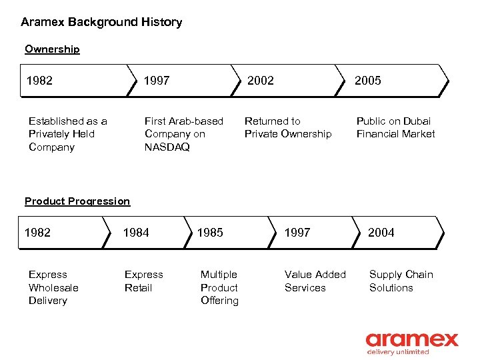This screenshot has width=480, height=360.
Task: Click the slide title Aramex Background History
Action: pyautogui.click(x=101, y=22)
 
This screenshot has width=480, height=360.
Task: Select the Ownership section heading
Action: pyautogui.click(x=52, y=49)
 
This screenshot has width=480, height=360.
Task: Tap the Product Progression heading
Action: pyautogui.click(x=77, y=201)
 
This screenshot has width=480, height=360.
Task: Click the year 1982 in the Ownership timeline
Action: pyautogui.click(x=39, y=81)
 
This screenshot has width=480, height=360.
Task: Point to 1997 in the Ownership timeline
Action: pyautogui.click(x=157, y=81)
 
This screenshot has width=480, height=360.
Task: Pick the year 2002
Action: pyautogui.click(x=260, y=81)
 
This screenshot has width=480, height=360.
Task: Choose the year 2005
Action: pyautogui.click(x=367, y=81)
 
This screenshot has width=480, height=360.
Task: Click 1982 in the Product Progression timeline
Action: pyautogui.click(x=37, y=233)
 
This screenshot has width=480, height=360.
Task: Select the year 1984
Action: pyautogui.click(x=136, y=233)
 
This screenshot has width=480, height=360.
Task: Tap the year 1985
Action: pyautogui.click(x=210, y=233)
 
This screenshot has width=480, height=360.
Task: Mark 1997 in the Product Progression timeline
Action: pyautogui.click(x=297, y=233)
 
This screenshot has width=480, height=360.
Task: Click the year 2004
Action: pyautogui.click(x=381, y=233)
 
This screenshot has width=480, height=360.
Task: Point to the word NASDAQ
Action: pyautogui.click(x=167, y=147)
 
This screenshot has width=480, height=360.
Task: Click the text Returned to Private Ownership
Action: pyautogui.click(x=287, y=127)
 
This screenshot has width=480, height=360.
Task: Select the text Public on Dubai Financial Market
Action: pyautogui.click(x=395, y=127)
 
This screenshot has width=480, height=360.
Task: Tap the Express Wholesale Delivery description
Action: pyautogui.click(x=53, y=287)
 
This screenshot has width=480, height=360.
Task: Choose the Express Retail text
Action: pyautogui.click(x=143, y=281)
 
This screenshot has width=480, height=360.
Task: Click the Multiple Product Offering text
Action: pyautogui.click(x=219, y=287)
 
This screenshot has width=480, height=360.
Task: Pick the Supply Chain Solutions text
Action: pyautogui.click(x=401, y=281)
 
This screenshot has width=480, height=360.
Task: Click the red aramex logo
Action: pyautogui.click(x=412, y=341)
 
